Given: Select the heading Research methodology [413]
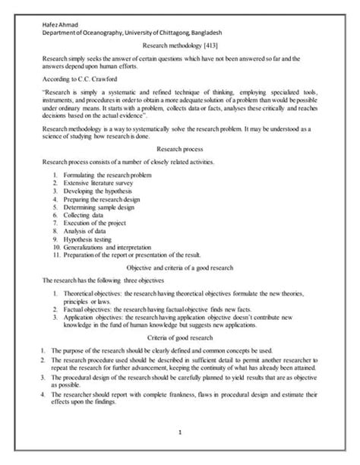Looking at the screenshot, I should click(x=179, y=46).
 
